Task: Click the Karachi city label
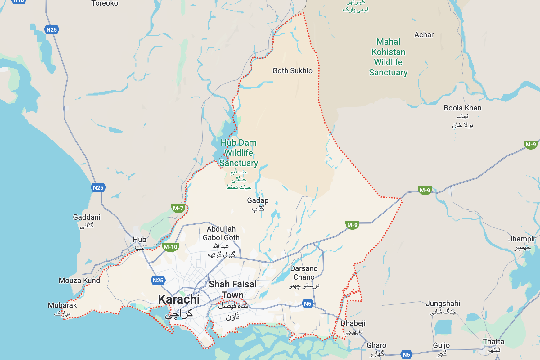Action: click(179, 299)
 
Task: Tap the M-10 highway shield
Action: click(170, 247)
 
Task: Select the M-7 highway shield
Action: click(178, 209)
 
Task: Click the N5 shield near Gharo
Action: click(406, 354)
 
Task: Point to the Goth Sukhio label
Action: click(292, 71)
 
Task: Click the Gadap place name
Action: click(258, 201)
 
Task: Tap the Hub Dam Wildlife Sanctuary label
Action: click(239, 153)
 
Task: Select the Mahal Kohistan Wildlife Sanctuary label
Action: click(388, 57)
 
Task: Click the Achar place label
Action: click(424, 35)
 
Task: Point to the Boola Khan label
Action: click(462, 108)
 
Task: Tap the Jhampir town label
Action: click(522, 239)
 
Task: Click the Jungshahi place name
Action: click(443, 304)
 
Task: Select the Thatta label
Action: click(493, 342)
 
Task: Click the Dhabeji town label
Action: click(353, 323)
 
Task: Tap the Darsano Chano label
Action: click(304, 273)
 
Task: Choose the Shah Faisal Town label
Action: click(233, 290)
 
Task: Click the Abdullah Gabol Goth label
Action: click(221, 233)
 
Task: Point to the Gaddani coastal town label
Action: click(87, 217)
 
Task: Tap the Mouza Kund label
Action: click(79, 281)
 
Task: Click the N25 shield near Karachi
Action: click(158, 280)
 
